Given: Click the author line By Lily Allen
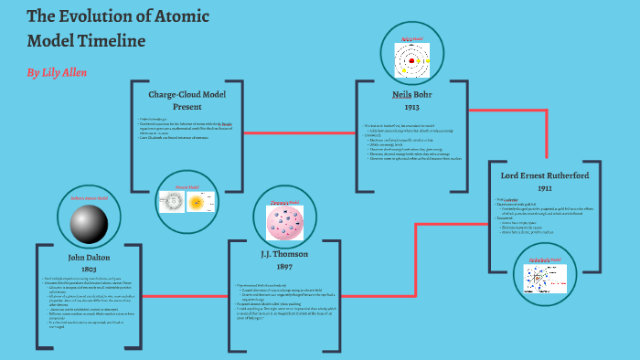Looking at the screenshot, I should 57,71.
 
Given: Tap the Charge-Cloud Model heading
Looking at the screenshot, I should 187,93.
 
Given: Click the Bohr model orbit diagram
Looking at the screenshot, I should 412,61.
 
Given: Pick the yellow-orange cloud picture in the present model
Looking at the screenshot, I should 197,204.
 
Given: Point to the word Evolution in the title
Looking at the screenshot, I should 92,17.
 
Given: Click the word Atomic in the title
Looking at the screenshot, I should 178,17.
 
